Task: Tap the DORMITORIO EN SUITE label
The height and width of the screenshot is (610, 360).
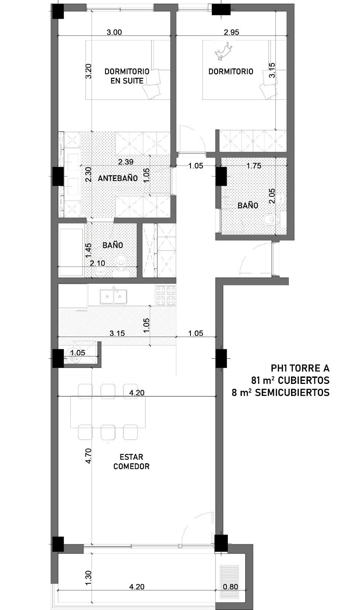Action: click(x=127, y=76)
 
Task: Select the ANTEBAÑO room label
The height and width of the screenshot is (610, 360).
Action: click(x=118, y=178)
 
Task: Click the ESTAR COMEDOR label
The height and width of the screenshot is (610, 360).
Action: click(x=131, y=462)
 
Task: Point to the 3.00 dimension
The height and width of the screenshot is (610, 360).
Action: click(x=114, y=32)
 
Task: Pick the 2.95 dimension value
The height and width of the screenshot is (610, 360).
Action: click(x=231, y=32)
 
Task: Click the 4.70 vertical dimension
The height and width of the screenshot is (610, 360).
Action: click(x=88, y=456)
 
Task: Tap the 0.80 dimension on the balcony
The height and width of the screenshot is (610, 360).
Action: click(x=230, y=587)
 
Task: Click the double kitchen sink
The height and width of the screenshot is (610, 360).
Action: click(x=113, y=297)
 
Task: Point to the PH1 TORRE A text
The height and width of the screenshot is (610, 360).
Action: click(x=300, y=368)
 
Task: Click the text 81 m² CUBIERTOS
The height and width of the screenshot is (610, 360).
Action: click(x=290, y=380)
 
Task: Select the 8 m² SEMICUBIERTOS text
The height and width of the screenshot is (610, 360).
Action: click(x=280, y=392)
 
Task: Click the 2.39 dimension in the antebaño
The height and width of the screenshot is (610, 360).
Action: click(x=126, y=162)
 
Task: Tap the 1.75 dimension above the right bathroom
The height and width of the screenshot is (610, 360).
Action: click(x=254, y=166)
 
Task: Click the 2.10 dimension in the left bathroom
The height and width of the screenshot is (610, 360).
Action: click(x=98, y=263)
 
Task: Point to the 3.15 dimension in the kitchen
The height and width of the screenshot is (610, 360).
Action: click(x=117, y=333)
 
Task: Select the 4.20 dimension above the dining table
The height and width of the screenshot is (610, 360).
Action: click(x=137, y=393)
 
